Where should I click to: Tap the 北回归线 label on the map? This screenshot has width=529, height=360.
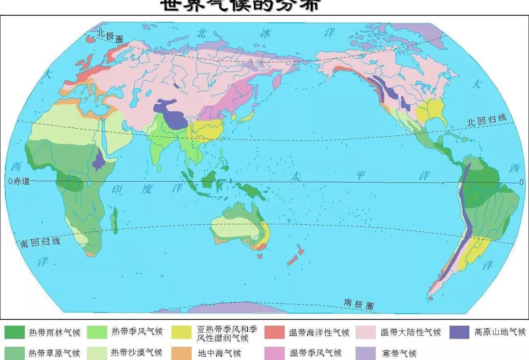point(486,120)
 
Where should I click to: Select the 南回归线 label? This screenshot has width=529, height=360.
point(40,242)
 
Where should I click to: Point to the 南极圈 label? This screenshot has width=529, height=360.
point(359,304)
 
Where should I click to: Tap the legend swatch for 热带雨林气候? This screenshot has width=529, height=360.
point(14,332)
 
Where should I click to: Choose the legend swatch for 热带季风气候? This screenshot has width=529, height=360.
point(97,332)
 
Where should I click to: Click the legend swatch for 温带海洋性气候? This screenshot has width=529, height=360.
point(275,332)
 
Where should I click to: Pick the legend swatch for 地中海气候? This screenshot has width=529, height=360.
point(182,353)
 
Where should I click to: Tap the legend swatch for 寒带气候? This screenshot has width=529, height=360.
point(366,353)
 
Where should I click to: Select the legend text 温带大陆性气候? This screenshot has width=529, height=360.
point(410,332)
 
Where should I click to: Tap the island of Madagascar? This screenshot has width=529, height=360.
point(114,220)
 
